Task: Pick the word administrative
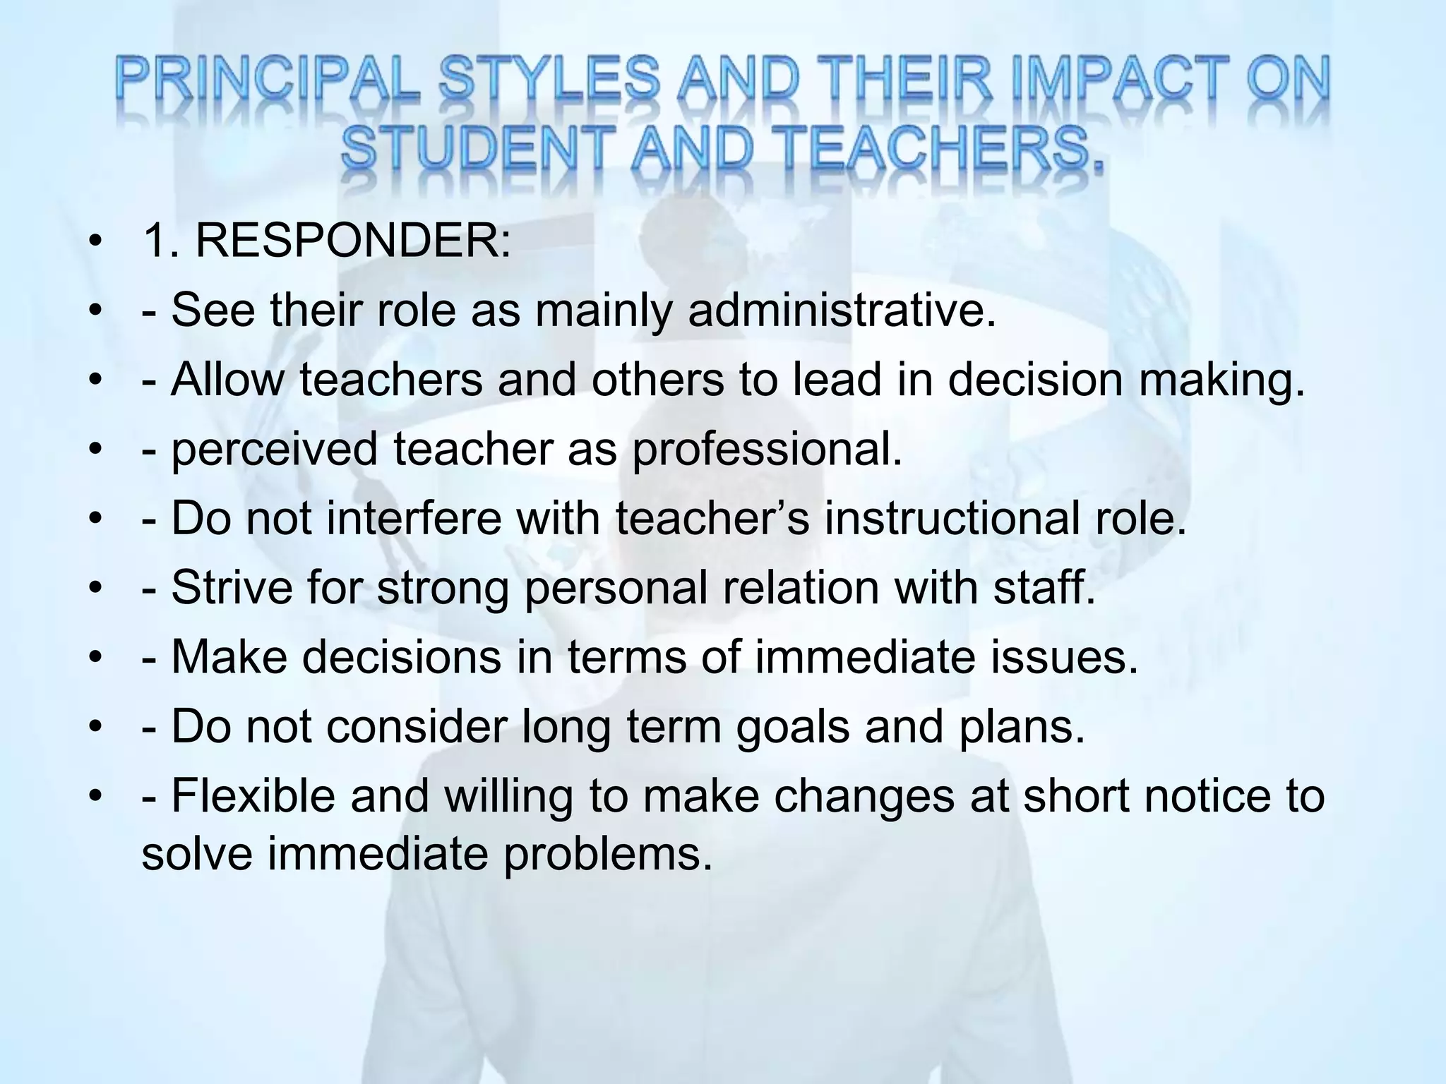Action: pos(842,310)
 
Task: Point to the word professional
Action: pos(767,449)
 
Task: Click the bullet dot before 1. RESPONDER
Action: pos(93,243)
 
